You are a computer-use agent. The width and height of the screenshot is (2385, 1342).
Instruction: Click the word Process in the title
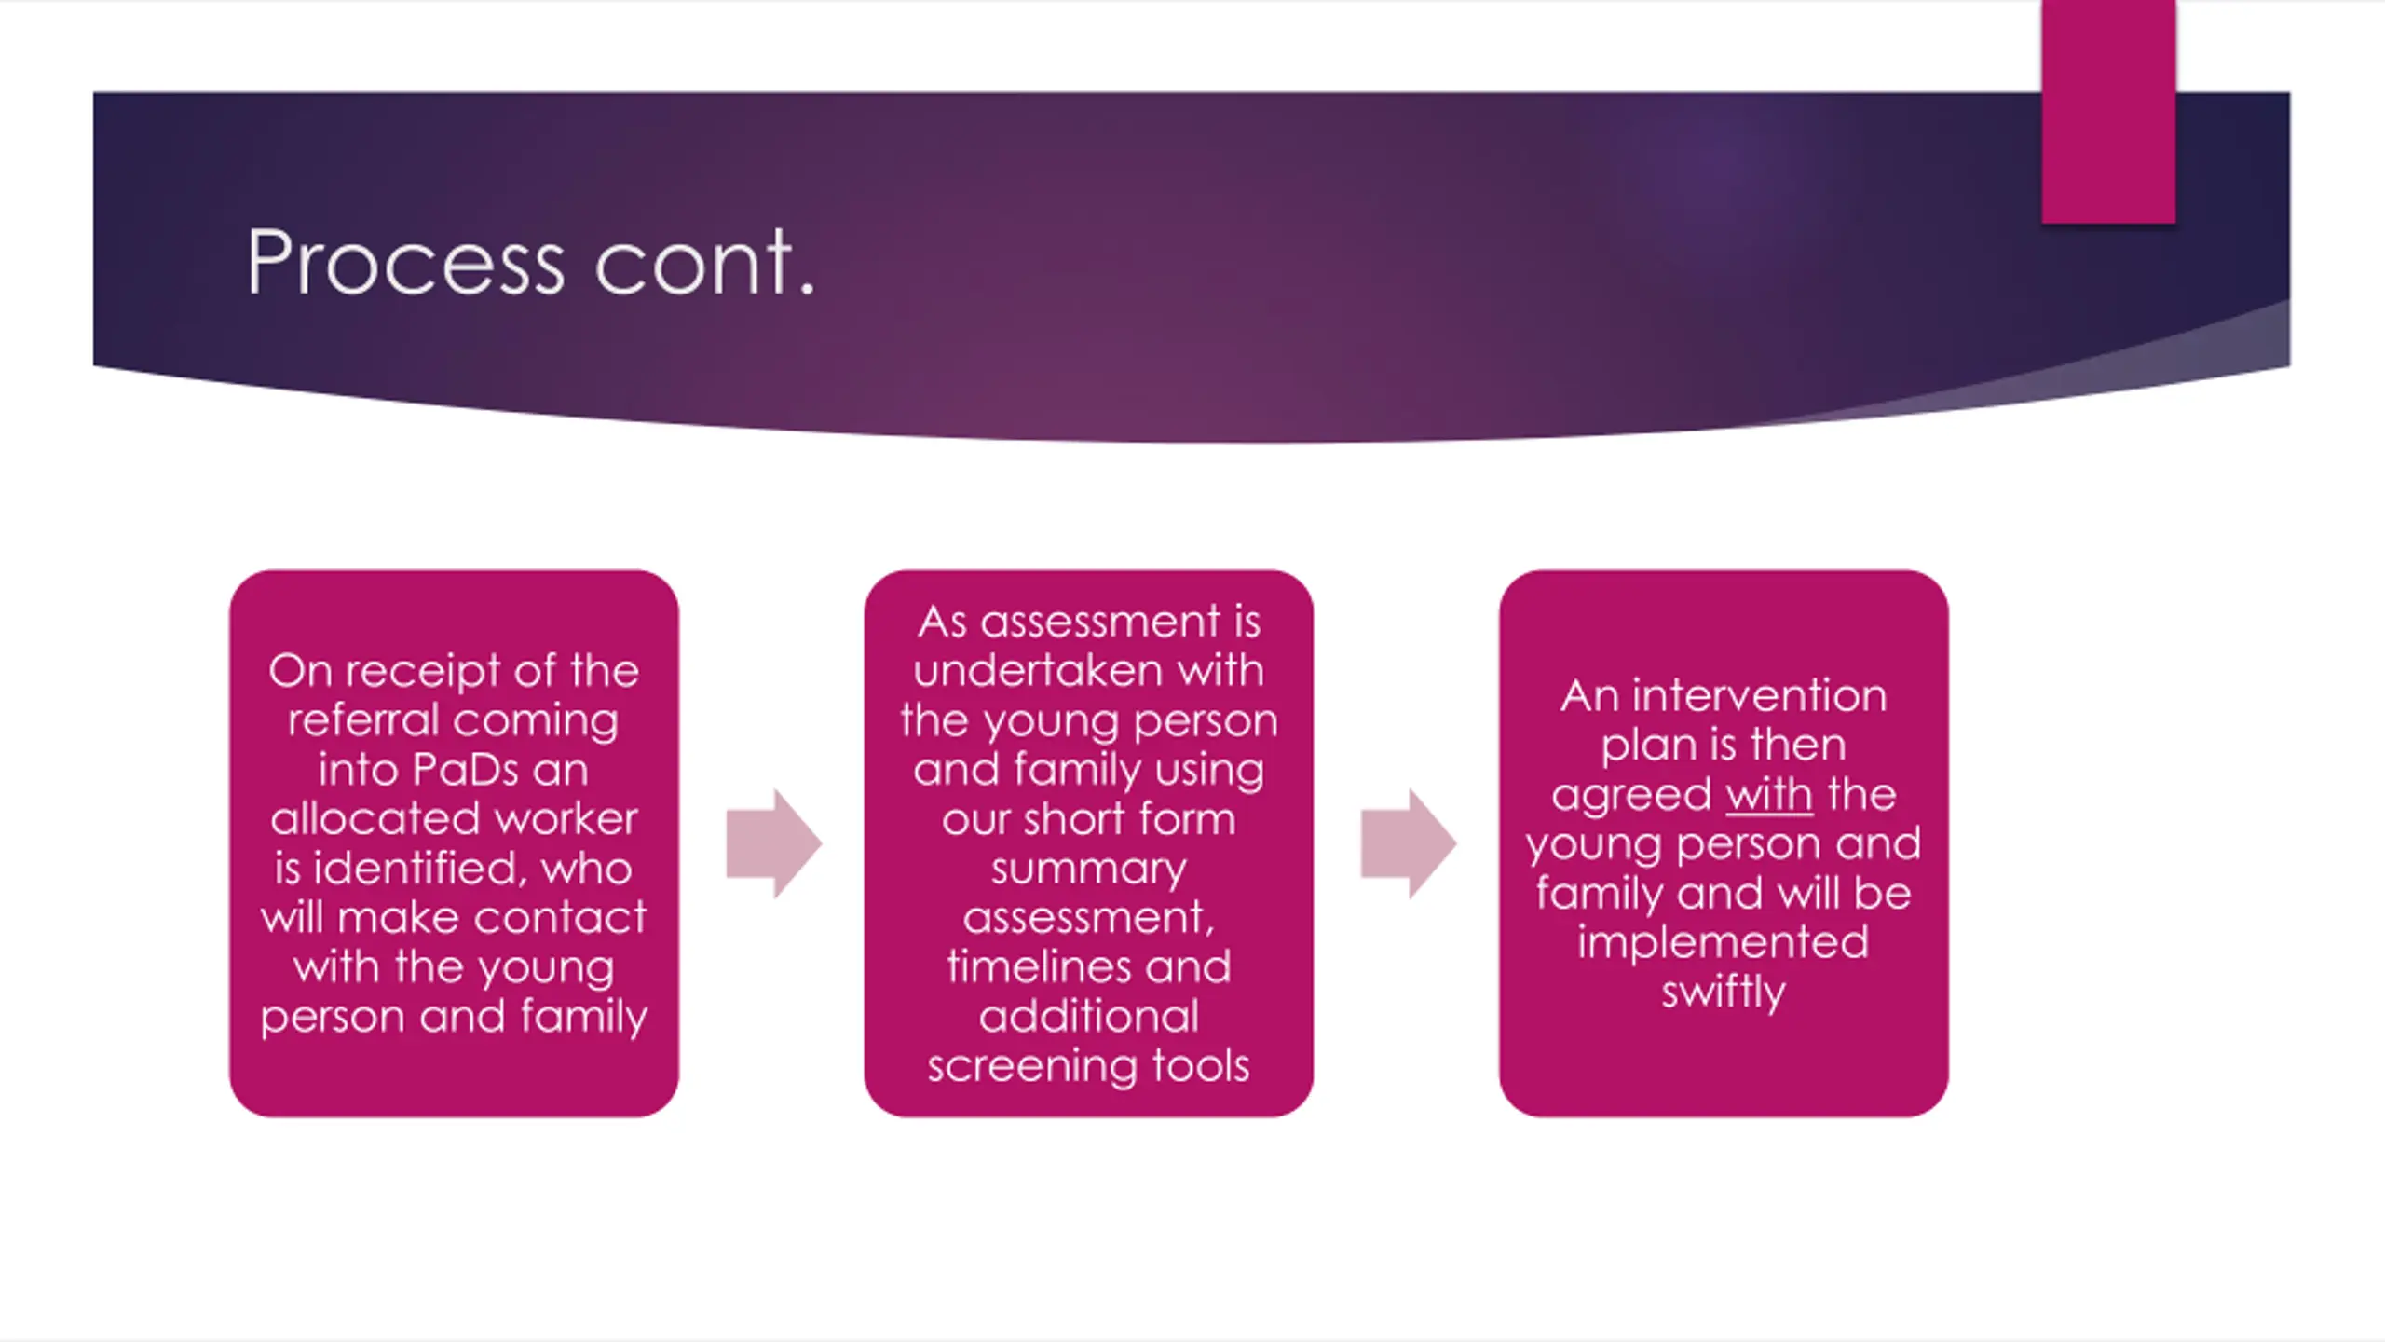[x=406, y=265]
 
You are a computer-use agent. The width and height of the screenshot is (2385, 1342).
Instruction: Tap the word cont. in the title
[x=704, y=265]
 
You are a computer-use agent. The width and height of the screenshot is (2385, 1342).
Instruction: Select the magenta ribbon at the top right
[x=2108, y=112]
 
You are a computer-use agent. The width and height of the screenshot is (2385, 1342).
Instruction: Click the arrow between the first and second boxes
[x=773, y=843]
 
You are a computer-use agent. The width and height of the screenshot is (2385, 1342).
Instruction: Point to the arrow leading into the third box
[x=1408, y=843]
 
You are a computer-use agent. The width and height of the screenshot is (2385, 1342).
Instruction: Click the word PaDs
[x=465, y=770]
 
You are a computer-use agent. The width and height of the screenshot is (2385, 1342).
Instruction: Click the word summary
[x=1088, y=869]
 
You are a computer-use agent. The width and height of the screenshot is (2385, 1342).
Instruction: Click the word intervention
[x=1759, y=696]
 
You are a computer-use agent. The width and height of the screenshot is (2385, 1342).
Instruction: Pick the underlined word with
[x=1769, y=795]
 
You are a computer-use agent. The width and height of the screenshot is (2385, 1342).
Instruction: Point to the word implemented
[x=1723, y=942]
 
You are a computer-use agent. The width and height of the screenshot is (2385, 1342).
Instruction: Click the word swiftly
[x=1723, y=992]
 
